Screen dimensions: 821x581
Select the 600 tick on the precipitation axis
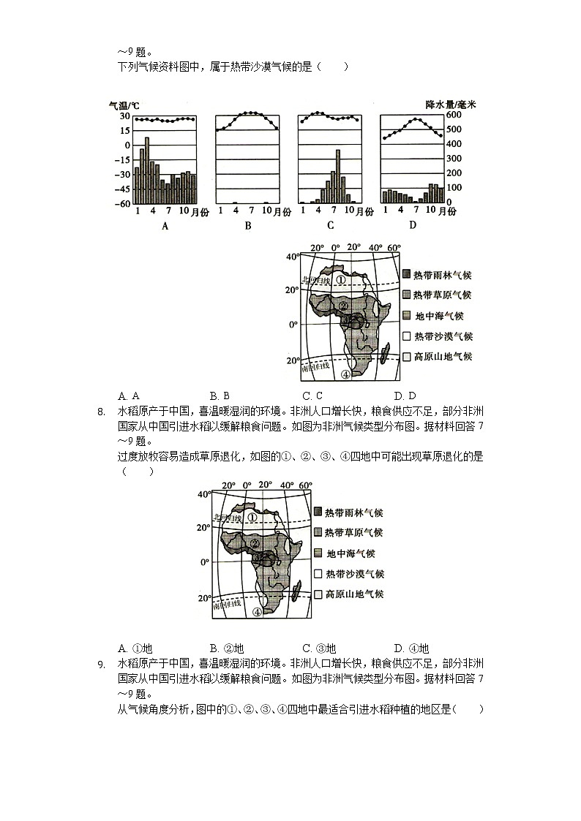[x=433, y=116]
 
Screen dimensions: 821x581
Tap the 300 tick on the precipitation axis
[x=433, y=159]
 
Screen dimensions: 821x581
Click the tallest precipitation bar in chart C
[x=338, y=176]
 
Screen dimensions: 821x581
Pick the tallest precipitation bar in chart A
[x=147, y=170]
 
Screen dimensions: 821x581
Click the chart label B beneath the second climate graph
[x=248, y=226]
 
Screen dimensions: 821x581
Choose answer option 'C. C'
[x=312, y=396]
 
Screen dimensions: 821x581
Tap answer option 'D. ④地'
[x=411, y=648]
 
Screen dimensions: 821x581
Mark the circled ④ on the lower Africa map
[x=257, y=613]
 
